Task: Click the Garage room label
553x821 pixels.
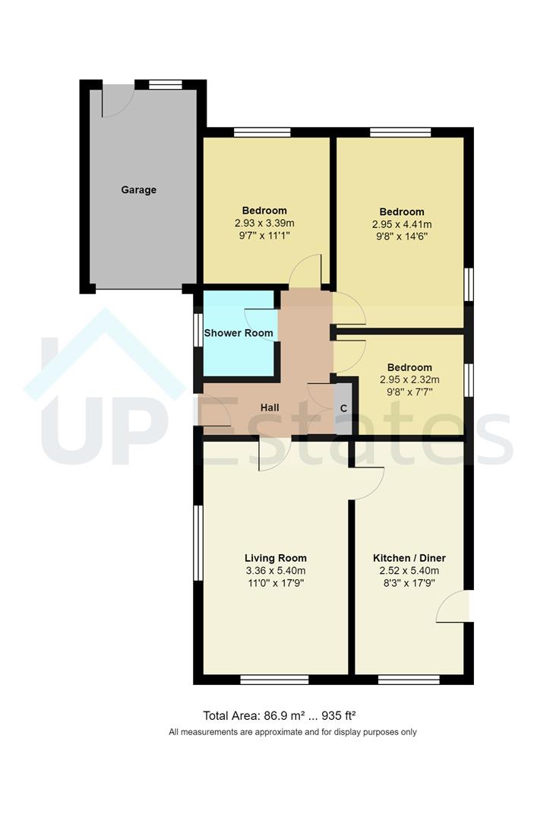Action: pos(139,189)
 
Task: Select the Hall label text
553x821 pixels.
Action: pos(270,407)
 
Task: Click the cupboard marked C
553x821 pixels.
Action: pos(344,408)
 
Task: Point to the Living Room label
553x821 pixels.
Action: pos(275,558)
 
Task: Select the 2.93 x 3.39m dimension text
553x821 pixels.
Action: pos(264,223)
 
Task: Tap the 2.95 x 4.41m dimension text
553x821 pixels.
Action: pos(402,224)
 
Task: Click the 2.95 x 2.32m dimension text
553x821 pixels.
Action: pos(410,380)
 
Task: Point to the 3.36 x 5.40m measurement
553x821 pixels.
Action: pos(275,571)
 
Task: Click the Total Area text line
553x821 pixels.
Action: pos(280,715)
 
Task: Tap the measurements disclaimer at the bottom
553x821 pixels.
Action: pos(292,732)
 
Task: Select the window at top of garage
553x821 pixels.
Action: pos(166,84)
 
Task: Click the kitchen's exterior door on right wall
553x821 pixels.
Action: pos(457,607)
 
